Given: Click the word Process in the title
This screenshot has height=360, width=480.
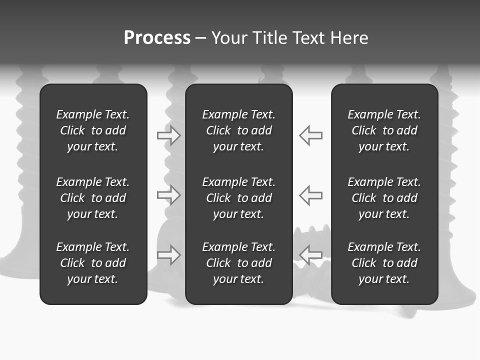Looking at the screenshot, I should click(x=157, y=38).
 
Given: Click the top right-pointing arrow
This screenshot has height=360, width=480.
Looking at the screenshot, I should click(x=169, y=135).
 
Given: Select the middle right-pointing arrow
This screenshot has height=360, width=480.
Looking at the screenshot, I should click(x=169, y=195).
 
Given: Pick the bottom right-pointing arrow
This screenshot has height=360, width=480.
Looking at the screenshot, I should click(x=169, y=255).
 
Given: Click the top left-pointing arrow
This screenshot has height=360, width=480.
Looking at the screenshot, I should click(x=311, y=135).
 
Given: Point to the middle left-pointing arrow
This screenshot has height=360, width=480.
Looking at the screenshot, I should click(x=311, y=195).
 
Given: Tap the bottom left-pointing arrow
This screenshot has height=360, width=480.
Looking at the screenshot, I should click(x=311, y=255).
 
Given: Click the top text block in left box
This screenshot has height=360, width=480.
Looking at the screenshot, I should click(x=93, y=130).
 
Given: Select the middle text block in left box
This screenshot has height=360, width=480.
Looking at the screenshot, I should click(x=93, y=198).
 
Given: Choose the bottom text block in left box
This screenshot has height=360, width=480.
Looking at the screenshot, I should click(x=93, y=263).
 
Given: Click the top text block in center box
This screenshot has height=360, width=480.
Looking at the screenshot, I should click(x=239, y=130).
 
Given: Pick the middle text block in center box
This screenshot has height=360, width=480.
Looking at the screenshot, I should click(x=239, y=198).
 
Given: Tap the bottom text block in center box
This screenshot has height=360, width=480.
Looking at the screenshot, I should click(x=239, y=263).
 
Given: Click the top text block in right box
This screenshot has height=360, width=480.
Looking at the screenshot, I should click(x=384, y=130).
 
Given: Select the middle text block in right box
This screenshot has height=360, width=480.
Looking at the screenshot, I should click(x=384, y=198).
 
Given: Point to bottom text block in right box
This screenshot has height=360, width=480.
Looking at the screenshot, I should click(x=384, y=263).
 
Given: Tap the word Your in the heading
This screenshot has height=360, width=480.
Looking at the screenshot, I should click(x=229, y=38).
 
